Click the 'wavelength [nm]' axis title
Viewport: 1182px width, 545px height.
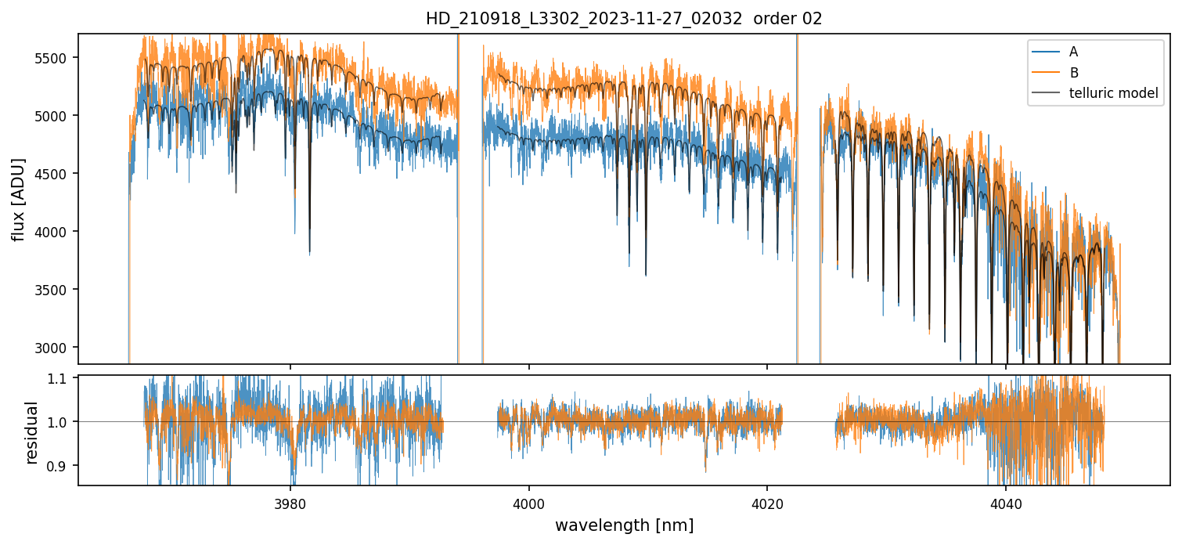tap(625, 525)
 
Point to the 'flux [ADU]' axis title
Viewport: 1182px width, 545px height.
tap(18, 199)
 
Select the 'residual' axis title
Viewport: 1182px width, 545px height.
tap(32, 432)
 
